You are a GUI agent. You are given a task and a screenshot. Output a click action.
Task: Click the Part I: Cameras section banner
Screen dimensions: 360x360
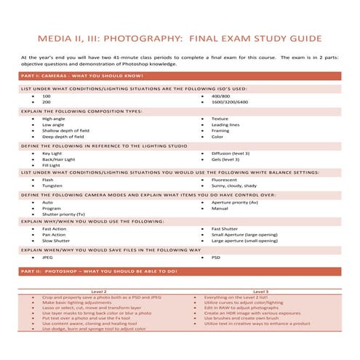73,76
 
